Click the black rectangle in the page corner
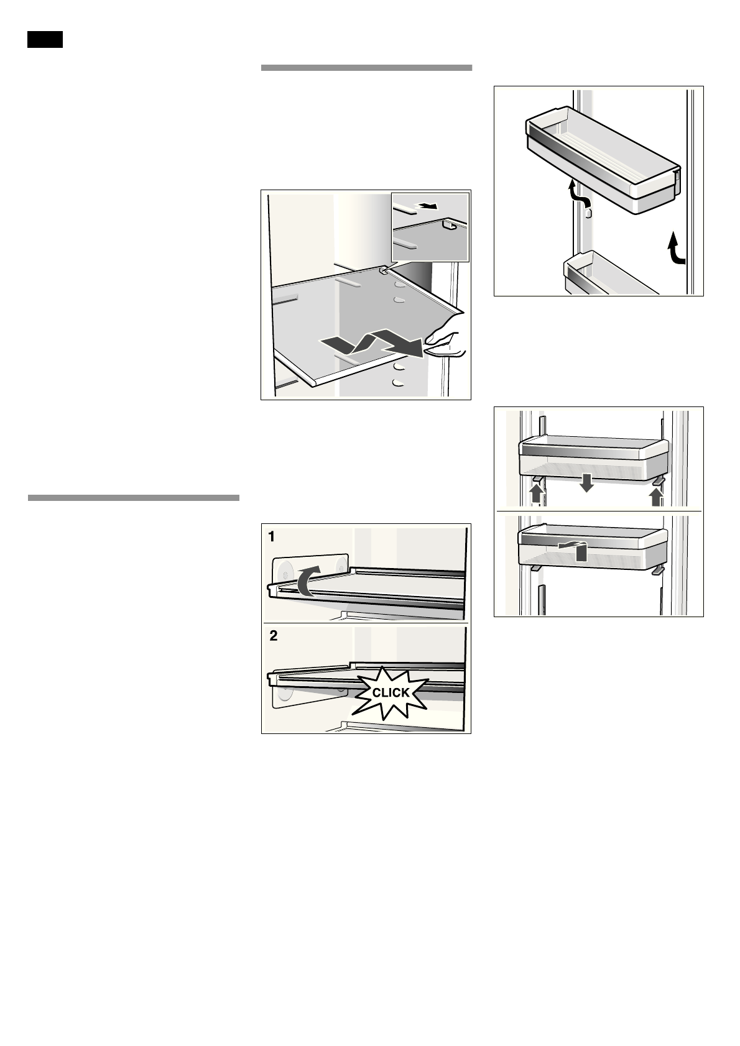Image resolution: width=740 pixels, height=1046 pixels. [45, 39]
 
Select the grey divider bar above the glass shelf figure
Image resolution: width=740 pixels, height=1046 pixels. [366, 68]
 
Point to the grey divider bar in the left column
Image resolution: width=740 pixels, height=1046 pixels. [133, 498]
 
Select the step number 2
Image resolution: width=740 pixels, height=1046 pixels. [274, 636]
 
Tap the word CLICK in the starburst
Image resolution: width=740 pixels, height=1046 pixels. [391, 692]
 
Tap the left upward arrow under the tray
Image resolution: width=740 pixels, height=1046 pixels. [535, 495]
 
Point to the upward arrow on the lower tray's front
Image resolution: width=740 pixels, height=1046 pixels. [580, 549]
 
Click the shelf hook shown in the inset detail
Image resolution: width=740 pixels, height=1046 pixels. [448, 226]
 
